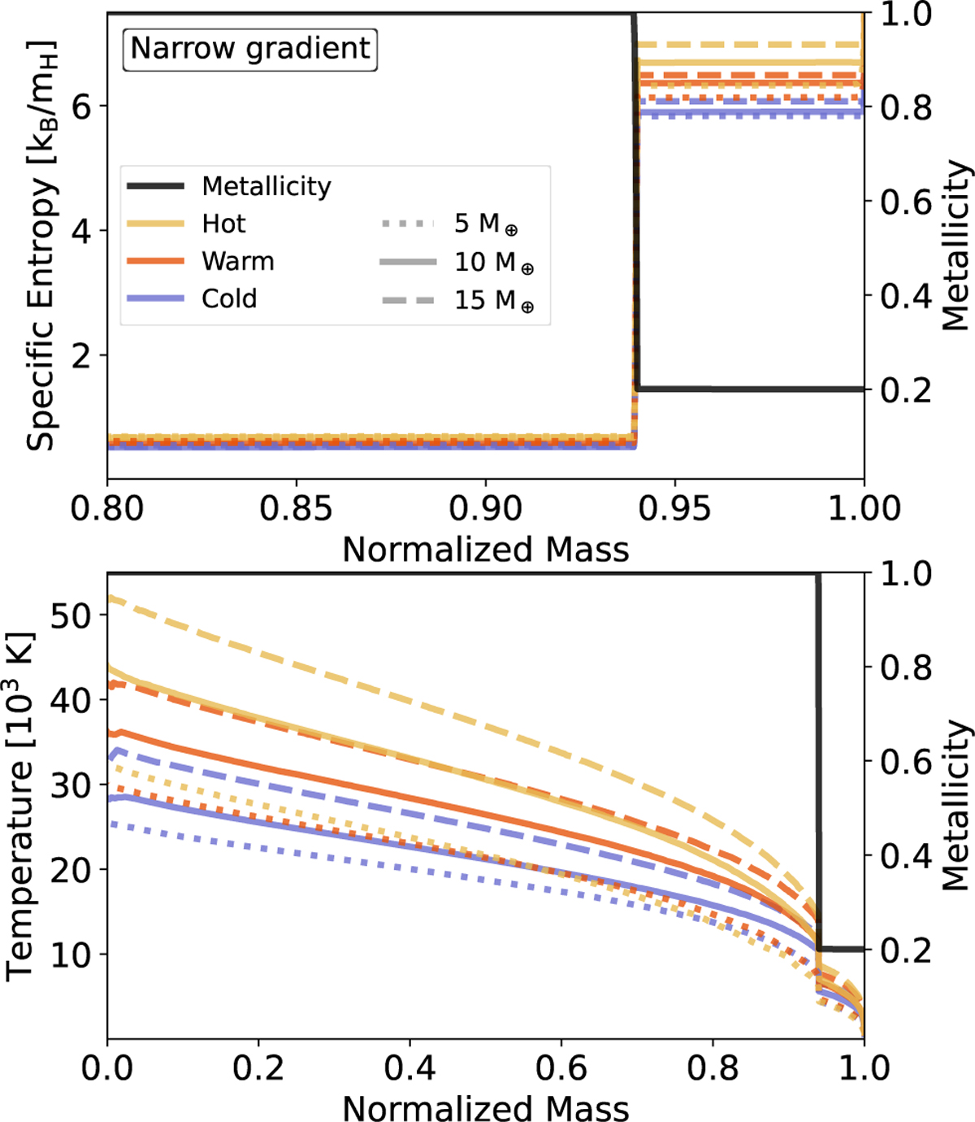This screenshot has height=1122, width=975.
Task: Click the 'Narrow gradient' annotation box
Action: click(x=250, y=48)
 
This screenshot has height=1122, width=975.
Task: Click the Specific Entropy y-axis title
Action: click(x=41, y=244)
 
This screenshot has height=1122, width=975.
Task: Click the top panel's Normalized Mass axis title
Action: click(x=485, y=550)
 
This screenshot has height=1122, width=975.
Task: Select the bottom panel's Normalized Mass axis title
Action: click(x=485, y=1108)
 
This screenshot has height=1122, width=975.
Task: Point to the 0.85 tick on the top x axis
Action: click(x=296, y=508)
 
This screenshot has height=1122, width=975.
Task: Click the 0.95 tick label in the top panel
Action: click(x=674, y=508)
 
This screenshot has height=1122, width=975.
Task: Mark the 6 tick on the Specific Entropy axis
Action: click(x=81, y=107)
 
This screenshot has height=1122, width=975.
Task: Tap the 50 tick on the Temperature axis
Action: click(x=71, y=615)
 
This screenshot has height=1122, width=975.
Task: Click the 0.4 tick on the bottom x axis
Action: click(x=409, y=1068)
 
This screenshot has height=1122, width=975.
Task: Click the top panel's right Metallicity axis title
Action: click(x=955, y=244)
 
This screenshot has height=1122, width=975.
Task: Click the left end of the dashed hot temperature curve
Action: click(x=110, y=598)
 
